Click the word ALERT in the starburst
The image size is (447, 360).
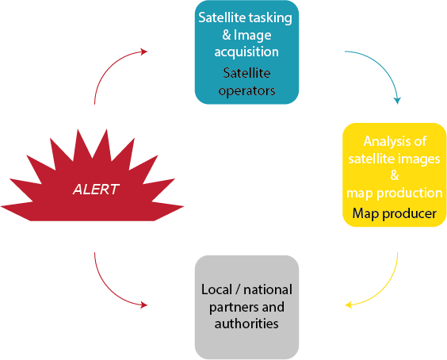[97, 190]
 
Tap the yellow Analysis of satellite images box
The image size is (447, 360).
[395, 174]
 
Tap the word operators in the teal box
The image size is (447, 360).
[247, 90]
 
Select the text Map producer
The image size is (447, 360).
[394, 213]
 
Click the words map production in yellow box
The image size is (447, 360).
[394, 193]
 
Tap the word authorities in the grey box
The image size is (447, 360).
[246, 324]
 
